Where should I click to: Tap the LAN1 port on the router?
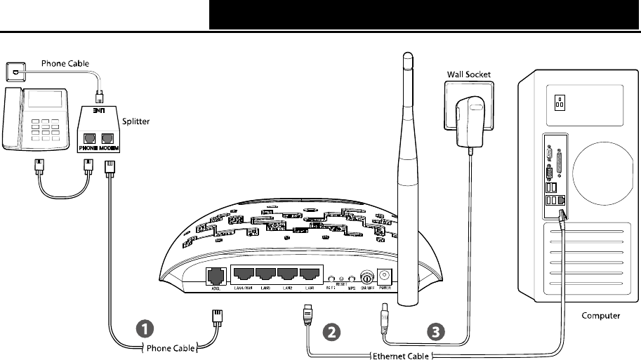(x=310, y=275)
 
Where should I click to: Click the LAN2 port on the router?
(x=289, y=275)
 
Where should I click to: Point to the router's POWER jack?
(x=385, y=276)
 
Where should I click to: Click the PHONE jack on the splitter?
(x=89, y=138)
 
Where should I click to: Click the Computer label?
(x=601, y=316)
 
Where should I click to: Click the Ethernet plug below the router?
(x=308, y=314)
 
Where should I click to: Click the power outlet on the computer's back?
(x=560, y=103)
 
